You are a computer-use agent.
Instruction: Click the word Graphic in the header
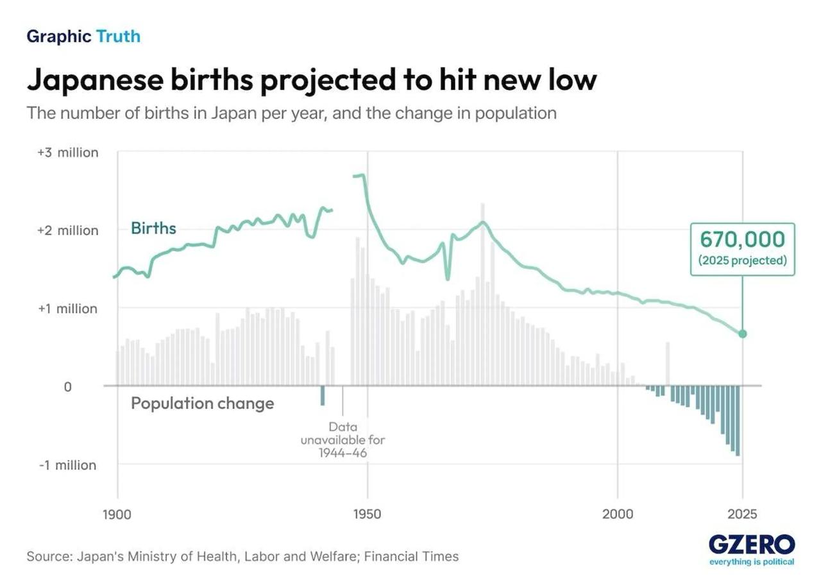pyautogui.click(x=59, y=37)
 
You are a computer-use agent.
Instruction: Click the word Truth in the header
pyautogui.click(x=118, y=37)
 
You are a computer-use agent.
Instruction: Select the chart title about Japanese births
pyautogui.click(x=312, y=80)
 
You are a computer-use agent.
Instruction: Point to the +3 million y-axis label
pyautogui.click(x=68, y=153)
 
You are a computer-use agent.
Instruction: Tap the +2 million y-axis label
pyautogui.click(x=68, y=230)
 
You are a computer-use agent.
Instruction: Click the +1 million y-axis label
pyautogui.click(x=68, y=309)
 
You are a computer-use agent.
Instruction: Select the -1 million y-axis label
pyautogui.click(x=68, y=465)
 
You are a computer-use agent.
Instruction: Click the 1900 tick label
pyautogui.click(x=117, y=515)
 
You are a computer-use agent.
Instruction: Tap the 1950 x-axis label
pyautogui.click(x=367, y=515)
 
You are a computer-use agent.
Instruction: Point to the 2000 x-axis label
pyautogui.click(x=617, y=515)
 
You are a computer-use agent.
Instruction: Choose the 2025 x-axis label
pyautogui.click(x=742, y=515)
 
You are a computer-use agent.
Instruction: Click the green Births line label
pyautogui.click(x=153, y=228)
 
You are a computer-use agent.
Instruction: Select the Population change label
pyautogui.click(x=202, y=404)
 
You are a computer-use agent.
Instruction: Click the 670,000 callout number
pyautogui.click(x=742, y=240)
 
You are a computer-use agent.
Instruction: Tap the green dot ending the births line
pyautogui.click(x=743, y=334)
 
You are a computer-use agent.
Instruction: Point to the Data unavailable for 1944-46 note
pyautogui.click(x=343, y=439)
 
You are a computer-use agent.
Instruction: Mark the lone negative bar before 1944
pyautogui.click(x=323, y=396)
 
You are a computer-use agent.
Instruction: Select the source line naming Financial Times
pyautogui.click(x=242, y=556)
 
